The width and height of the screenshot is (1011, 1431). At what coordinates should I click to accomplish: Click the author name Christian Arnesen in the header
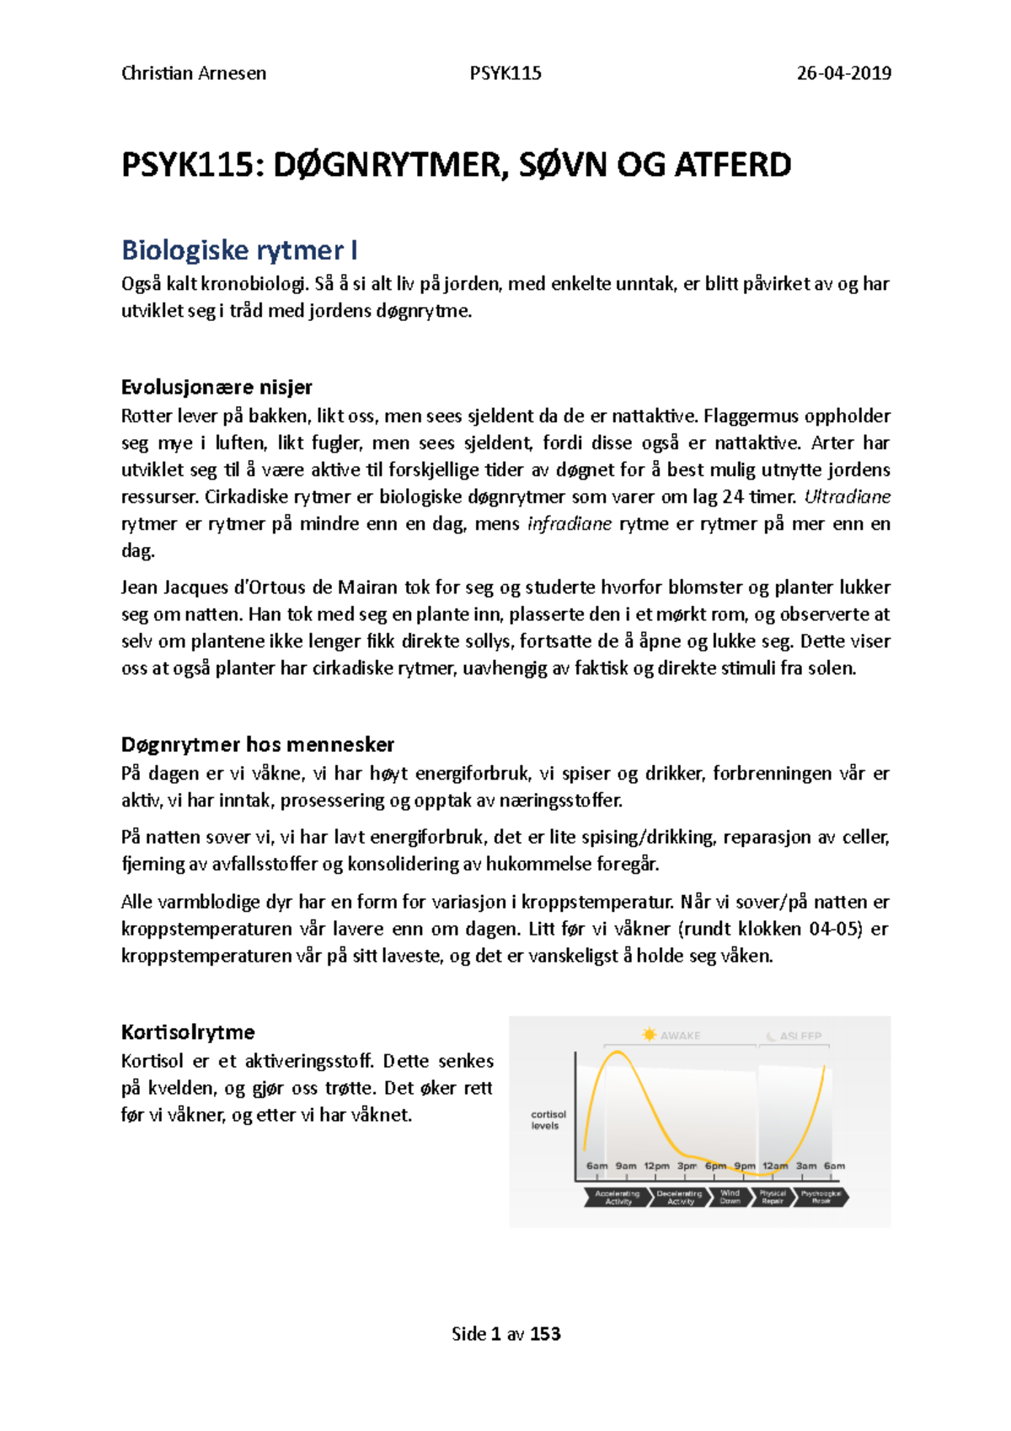point(194,73)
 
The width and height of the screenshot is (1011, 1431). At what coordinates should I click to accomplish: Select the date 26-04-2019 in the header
point(844,73)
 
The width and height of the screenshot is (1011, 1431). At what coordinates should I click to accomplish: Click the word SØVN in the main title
point(563,165)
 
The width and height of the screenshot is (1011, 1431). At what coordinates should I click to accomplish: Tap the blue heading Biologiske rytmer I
point(239,250)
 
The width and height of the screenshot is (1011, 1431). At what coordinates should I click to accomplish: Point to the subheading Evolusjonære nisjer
point(217,388)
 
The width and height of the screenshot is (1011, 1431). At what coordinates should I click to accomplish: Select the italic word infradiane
point(570,523)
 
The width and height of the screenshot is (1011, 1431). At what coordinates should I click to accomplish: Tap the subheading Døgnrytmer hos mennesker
point(258,745)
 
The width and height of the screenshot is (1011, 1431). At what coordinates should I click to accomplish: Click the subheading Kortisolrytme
point(188,1032)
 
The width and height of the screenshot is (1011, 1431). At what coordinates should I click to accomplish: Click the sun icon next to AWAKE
point(649,1035)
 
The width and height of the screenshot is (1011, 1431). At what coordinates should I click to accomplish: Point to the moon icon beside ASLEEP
point(770,1036)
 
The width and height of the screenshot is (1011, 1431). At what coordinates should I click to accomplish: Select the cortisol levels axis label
point(548,1120)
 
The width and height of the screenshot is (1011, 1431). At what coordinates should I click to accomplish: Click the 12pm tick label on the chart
point(656,1166)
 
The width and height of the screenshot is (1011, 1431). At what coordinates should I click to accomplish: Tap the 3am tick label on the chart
point(806,1166)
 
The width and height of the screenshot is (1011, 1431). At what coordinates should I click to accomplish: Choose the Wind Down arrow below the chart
point(730,1197)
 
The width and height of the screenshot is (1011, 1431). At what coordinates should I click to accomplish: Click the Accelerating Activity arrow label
point(618,1197)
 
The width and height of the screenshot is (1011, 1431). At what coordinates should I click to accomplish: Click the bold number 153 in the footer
point(545,1334)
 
